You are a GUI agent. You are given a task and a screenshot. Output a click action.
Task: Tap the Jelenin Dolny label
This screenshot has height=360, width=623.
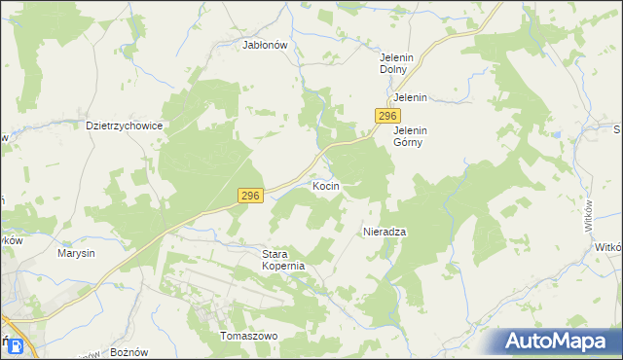click(398, 63)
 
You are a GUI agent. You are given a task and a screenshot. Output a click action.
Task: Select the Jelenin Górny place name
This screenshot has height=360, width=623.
click(411, 135)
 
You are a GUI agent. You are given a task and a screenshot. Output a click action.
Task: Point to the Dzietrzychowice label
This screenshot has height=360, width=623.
click(124, 126)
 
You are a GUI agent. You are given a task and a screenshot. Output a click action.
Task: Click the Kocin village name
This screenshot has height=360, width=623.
click(326, 185)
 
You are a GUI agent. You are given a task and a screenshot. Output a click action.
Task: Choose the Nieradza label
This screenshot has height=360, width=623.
click(384, 233)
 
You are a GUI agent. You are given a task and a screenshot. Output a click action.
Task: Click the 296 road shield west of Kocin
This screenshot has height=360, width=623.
click(250, 197)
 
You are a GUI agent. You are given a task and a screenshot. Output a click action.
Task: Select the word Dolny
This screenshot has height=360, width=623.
click(398, 70)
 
